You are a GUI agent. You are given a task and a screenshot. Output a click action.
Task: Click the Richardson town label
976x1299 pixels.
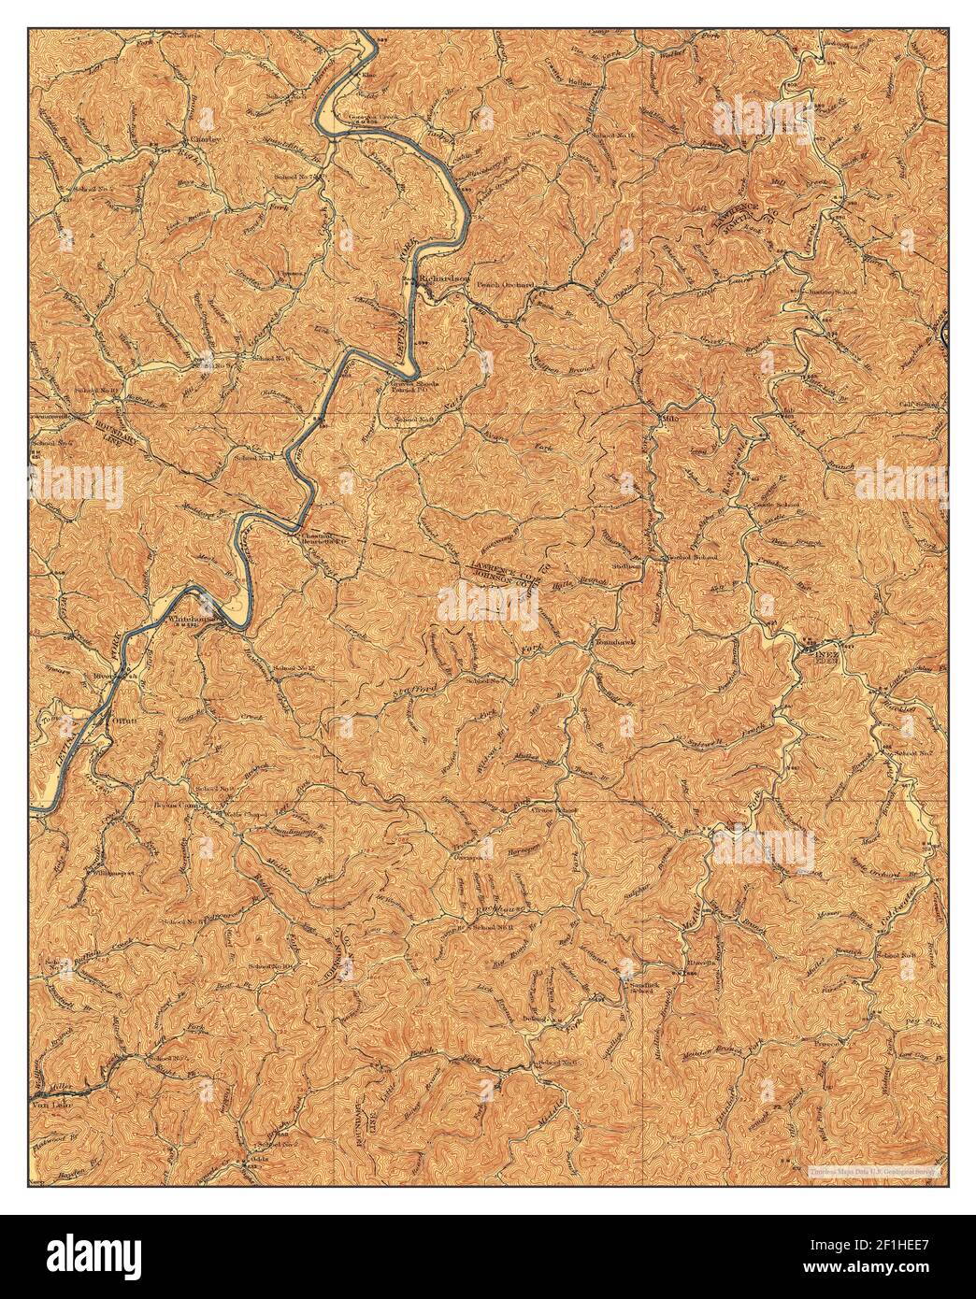(443, 279)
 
